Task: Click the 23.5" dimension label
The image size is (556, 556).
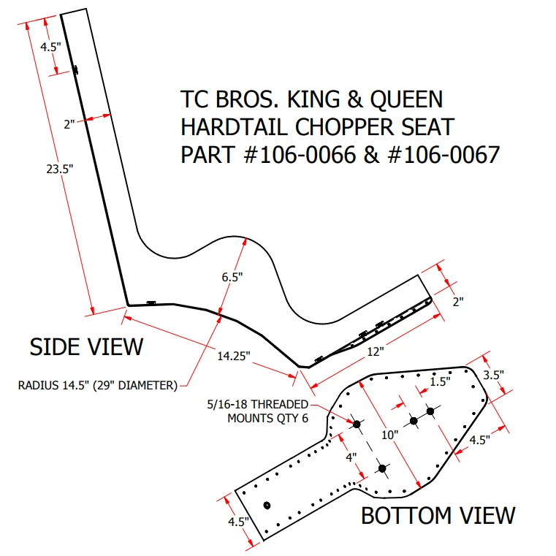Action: point(60,170)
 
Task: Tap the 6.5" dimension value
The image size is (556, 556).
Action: point(232,278)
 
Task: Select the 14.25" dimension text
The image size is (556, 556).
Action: point(234,356)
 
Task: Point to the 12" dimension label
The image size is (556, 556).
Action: point(375,351)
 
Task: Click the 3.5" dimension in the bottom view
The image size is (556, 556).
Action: point(493,375)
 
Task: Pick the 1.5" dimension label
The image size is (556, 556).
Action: point(440,382)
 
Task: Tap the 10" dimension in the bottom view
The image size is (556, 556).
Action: point(389,435)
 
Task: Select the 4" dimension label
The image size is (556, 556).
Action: point(351,457)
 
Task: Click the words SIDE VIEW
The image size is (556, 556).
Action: point(86,347)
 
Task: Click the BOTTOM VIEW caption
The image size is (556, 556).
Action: point(438,516)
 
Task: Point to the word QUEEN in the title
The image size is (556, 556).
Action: point(407,99)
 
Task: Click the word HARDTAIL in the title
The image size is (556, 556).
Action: point(234,127)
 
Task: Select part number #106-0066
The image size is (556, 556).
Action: point(300,155)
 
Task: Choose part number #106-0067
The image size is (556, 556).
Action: point(444,155)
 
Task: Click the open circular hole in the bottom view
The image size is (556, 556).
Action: point(267,506)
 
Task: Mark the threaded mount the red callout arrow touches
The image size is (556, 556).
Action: point(357,424)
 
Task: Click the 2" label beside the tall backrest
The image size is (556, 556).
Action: point(69,124)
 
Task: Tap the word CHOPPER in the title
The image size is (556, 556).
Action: point(345,127)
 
